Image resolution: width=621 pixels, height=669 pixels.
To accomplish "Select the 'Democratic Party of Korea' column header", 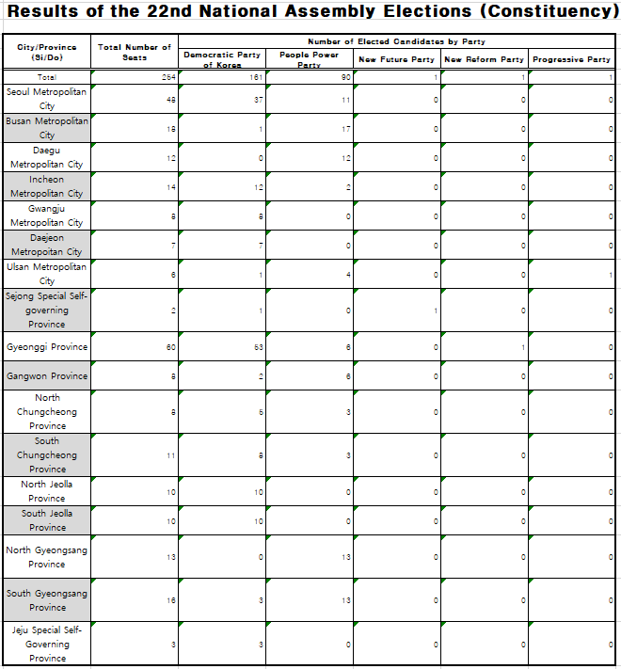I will [222, 59].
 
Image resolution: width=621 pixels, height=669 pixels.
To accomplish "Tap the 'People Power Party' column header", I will [310, 59].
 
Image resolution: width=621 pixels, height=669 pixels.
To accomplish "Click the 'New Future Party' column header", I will [397, 59].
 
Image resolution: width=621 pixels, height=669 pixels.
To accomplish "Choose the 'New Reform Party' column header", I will [484, 59].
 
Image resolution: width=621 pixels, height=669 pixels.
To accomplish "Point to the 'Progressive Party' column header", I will [571, 59].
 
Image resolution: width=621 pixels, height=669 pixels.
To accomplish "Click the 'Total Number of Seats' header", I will [135, 52].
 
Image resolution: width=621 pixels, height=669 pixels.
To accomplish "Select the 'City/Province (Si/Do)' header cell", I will [47, 52].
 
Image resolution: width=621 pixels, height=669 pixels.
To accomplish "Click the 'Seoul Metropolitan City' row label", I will [47, 99].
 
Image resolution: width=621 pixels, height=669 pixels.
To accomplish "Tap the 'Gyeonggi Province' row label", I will [47, 346].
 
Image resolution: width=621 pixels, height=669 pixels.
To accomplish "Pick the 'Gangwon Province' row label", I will [47, 375].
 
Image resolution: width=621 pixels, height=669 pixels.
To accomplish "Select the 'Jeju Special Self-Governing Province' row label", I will [47, 644].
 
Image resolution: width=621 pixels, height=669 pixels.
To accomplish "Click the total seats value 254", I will [168, 77].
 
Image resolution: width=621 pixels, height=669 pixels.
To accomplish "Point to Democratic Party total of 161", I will [256, 77].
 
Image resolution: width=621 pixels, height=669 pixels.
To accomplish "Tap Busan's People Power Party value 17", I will [345, 128].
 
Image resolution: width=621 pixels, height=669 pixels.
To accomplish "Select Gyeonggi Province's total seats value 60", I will [169, 346].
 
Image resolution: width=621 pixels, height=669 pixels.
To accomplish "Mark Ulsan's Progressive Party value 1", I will [610, 274].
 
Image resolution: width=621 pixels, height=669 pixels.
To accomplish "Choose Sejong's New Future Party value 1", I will [436, 310].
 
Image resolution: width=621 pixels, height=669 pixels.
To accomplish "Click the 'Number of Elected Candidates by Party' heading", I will [396, 41].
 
